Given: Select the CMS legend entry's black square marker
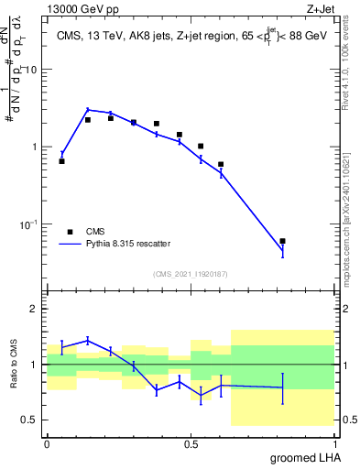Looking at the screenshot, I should point(70,232).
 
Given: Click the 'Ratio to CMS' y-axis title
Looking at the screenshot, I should point(13,364).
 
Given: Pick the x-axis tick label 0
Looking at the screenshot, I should point(47,442).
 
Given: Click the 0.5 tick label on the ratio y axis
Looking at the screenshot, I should point(31,420).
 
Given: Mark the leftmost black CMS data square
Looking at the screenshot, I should point(61,161).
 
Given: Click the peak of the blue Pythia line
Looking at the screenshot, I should point(88,109).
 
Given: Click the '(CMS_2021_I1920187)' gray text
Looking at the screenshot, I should point(190,272).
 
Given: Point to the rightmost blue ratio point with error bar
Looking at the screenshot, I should point(282,387).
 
